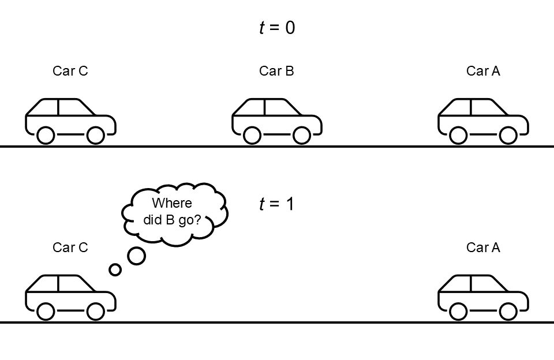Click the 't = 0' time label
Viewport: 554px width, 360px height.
point(277,28)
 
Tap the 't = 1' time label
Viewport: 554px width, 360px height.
point(276,204)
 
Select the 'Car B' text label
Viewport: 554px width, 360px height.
point(276,71)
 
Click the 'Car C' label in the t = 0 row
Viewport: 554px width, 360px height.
point(70,71)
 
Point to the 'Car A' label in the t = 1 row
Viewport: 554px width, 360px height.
point(483,247)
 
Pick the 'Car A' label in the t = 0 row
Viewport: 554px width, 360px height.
point(483,71)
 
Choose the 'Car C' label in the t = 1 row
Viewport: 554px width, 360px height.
point(70,247)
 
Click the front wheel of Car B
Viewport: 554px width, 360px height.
point(302,136)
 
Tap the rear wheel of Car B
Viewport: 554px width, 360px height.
point(252,136)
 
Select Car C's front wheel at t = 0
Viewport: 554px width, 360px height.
point(95,136)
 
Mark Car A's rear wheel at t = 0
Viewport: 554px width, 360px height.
point(458,136)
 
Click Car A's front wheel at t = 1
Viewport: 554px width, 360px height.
point(508,312)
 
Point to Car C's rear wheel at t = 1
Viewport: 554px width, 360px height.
point(46,312)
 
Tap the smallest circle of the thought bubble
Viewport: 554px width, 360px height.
point(115,269)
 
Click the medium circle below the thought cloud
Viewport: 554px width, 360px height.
point(136,256)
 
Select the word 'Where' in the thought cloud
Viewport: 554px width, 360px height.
point(172,203)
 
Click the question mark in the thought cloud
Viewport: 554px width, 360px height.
point(197,219)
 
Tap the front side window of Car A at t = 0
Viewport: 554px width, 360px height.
point(488,107)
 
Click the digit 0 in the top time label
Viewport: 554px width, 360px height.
point(290,28)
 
